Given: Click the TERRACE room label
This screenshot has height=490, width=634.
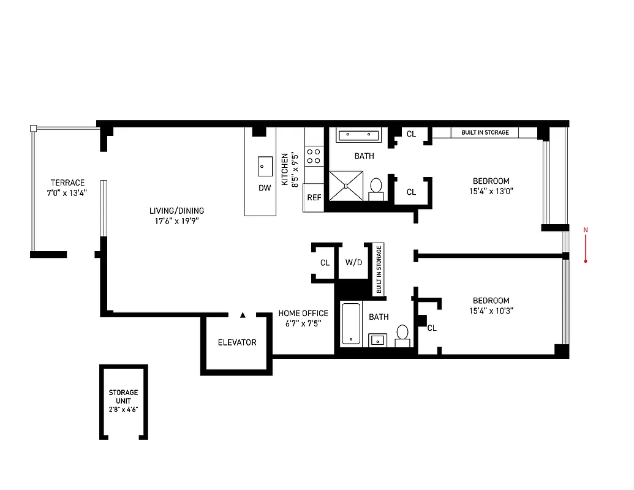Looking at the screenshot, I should pos(67,183).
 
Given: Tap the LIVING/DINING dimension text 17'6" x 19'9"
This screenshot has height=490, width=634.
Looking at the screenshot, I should pos(176,221).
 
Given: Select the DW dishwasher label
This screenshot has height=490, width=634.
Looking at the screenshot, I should pos(265,188).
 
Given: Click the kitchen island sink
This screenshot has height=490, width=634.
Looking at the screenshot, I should pos(265,165).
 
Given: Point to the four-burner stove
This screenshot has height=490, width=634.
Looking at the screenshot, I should pos(314,156).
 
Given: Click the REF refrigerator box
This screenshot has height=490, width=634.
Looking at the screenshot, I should pos(314,198).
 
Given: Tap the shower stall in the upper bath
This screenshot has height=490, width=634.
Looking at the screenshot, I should pos(346,185).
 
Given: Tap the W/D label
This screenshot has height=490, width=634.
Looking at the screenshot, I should pos(354,263).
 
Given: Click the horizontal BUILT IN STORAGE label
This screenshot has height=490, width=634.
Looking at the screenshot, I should pos(485,132).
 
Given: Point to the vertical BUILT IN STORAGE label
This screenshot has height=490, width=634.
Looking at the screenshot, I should pos(379,269).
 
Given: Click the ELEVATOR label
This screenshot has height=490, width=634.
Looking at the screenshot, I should pos(237,342).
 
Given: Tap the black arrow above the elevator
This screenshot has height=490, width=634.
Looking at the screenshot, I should pos(243,315).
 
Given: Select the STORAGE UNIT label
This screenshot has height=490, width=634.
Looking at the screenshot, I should pos(124,396).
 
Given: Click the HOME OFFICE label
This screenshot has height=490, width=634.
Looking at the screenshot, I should pos(303,313).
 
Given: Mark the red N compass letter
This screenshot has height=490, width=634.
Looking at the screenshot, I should pos(586,230).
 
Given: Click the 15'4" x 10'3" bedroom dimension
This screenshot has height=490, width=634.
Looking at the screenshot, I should pos(491,311).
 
